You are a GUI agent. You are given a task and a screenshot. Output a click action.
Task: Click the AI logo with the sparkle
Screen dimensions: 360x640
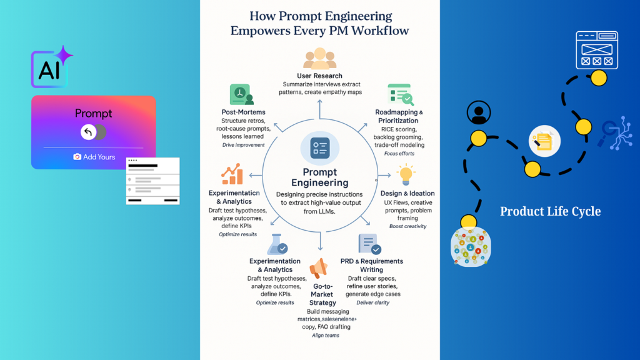50,69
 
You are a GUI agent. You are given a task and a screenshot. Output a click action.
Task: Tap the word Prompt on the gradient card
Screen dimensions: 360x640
94,113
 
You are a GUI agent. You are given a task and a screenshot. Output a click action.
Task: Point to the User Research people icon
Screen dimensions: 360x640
319,59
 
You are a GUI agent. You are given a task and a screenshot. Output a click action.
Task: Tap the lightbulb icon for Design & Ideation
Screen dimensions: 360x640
407,175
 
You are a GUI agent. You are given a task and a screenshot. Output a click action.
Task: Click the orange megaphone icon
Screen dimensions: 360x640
319,269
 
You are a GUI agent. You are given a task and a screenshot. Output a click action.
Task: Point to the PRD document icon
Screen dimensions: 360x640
368,244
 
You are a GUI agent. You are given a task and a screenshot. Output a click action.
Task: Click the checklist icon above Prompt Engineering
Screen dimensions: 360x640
319,148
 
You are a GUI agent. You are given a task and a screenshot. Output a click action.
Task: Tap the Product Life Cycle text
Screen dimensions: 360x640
550,211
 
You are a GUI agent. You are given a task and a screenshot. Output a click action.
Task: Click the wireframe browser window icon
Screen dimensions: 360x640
597,50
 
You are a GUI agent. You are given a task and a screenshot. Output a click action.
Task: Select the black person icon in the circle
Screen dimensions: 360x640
479,113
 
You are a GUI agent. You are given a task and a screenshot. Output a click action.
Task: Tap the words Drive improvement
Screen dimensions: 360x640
243,144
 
